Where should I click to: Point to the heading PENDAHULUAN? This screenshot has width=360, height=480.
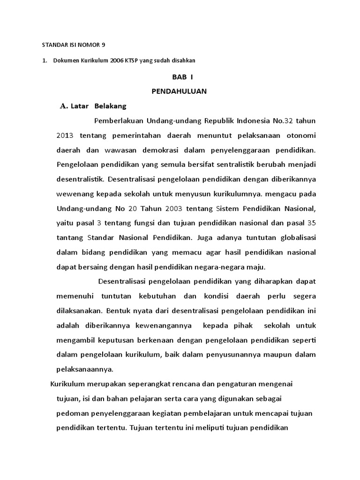(x=180, y=91)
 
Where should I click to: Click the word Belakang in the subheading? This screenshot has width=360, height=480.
(x=111, y=106)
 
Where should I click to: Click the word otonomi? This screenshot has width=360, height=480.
(x=300, y=135)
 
